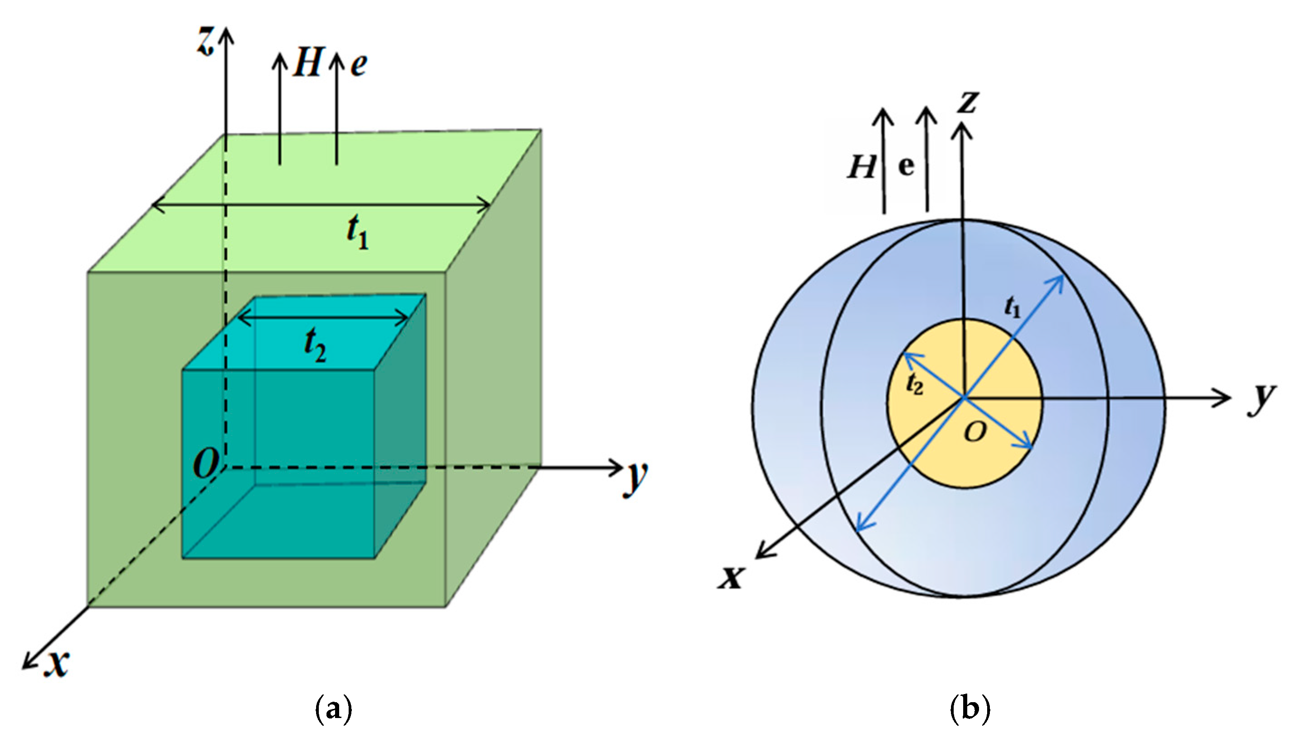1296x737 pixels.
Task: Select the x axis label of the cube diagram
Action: coord(56,663)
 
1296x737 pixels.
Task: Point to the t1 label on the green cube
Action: coord(358,232)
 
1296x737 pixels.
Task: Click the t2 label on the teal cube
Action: coord(315,346)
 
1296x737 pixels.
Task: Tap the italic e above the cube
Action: coord(359,65)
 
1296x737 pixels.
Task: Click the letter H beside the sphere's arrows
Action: coord(861,166)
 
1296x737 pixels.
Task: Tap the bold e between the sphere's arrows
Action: coord(906,166)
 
